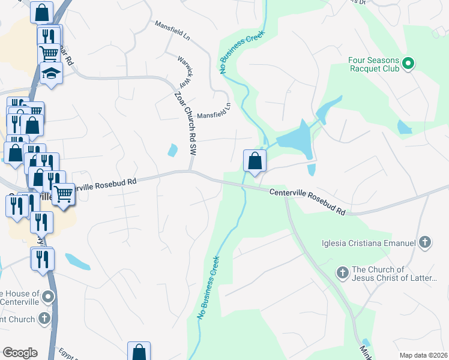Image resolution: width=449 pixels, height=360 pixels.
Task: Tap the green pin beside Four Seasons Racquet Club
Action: (x=408, y=62)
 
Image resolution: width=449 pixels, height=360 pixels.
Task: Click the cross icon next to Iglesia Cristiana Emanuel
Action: (x=425, y=242)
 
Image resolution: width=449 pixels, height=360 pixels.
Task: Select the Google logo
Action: (x=20, y=353)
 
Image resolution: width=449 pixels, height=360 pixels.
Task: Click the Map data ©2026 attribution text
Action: (x=423, y=355)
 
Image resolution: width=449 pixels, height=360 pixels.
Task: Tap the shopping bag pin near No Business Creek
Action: (x=255, y=161)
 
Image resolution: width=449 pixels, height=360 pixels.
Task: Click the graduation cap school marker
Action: (x=51, y=74)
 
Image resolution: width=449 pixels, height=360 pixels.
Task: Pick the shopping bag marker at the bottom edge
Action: (x=139, y=352)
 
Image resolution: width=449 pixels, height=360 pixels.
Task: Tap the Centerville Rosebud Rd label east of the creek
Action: (x=307, y=202)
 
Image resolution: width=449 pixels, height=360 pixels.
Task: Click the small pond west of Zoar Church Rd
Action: (x=173, y=150)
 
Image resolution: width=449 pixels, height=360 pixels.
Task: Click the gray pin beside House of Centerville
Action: (x=49, y=296)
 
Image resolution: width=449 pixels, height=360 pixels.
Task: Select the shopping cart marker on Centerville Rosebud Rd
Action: (x=63, y=194)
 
